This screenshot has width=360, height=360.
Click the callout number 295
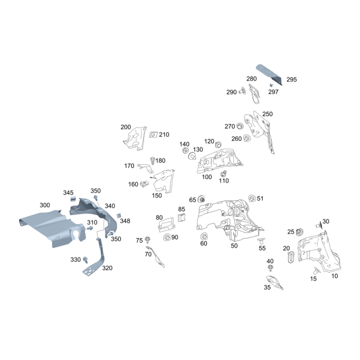pyautogui.click(x=292, y=80)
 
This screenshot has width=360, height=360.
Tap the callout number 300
pyautogui.click(x=45, y=205)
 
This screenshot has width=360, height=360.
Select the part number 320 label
pyautogui.click(x=107, y=268)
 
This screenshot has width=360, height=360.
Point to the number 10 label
pyautogui.click(x=334, y=276)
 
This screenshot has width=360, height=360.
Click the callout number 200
pyautogui.click(x=126, y=127)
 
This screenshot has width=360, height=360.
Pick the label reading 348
pyautogui.click(x=125, y=221)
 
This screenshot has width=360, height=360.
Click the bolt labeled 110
pyautogui.click(x=223, y=173)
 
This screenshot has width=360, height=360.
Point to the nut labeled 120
pyautogui.click(x=218, y=145)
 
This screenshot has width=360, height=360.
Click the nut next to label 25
pyautogui.click(x=298, y=232)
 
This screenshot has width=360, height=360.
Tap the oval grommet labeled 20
pyautogui.click(x=290, y=257)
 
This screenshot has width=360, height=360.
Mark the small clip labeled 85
pyautogui.click(x=182, y=218)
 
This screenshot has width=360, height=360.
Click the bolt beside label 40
pyautogui.click(x=270, y=268)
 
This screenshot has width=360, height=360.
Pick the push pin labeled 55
pyautogui.click(x=260, y=242)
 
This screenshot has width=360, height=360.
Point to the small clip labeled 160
pyautogui.click(x=145, y=184)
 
